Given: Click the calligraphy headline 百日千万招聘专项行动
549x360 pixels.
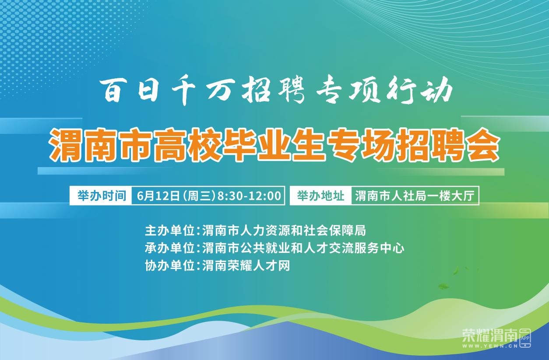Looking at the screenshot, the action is pyautogui.click(x=276, y=91).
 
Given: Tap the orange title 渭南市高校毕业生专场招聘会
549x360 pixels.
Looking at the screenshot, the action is pyautogui.click(x=274, y=145).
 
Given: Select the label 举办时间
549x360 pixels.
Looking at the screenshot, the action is pyautogui.click(x=102, y=196).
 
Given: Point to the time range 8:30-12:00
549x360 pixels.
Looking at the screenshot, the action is pyautogui.click(x=249, y=196).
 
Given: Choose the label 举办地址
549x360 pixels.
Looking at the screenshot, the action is pyautogui.click(x=320, y=196).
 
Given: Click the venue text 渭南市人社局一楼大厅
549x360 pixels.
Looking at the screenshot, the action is pyautogui.click(x=415, y=196).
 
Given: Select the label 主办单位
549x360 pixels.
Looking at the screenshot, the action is pyautogui.click(x=169, y=231).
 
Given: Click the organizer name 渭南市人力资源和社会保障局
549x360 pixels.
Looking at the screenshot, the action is pyautogui.click(x=284, y=231).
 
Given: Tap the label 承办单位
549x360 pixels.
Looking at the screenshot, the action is pyautogui.click(x=169, y=248).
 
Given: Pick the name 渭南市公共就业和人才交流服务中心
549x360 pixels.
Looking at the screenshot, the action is pyautogui.click(x=303, y=248).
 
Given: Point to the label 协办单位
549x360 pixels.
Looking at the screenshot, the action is pyautogui.click(x=169, y=266).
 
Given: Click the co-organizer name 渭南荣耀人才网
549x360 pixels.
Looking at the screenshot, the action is pyautogui.click(x=246, y=266).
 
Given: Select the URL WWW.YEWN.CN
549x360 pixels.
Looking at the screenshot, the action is pyautogui.click(x=490, y=346).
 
